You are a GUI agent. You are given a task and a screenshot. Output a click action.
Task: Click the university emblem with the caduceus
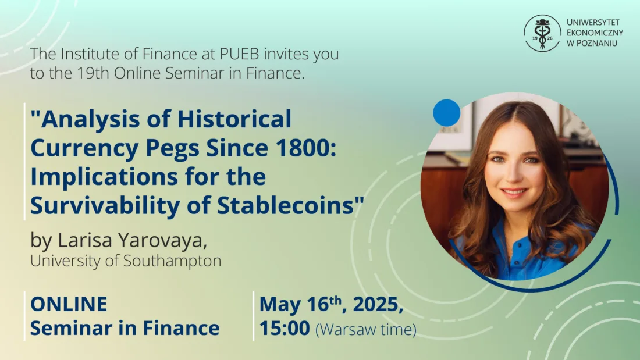tap(542, 34)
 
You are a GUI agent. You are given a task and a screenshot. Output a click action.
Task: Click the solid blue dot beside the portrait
tap(446, 113)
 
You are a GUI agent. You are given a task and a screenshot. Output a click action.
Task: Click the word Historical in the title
tap(234, 119)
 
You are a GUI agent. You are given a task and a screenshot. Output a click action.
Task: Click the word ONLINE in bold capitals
tap(69, 304)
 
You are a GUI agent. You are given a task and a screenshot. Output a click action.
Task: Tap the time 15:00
tap(285, 328)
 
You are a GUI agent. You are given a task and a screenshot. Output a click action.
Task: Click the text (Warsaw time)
tap(366, 329)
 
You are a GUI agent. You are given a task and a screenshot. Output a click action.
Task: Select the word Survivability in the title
tap(105, 206)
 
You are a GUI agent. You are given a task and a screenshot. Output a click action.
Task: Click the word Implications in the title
tap(104, 177)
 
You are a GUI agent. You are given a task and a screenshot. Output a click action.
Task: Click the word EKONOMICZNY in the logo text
tap(595, 33)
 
